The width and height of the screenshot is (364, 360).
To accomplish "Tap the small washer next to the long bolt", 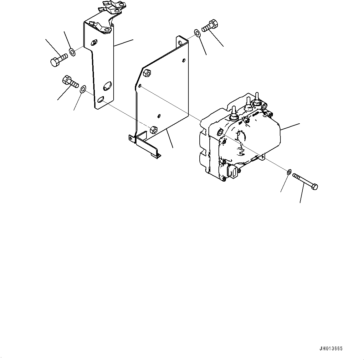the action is (x=289, y=171).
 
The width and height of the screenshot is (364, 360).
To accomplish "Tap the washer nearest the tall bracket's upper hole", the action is (x=72, y=52).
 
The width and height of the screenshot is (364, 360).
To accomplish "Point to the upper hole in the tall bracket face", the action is (x=94, y=42).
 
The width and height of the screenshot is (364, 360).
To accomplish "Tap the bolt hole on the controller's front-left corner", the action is (x=220, y=132).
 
